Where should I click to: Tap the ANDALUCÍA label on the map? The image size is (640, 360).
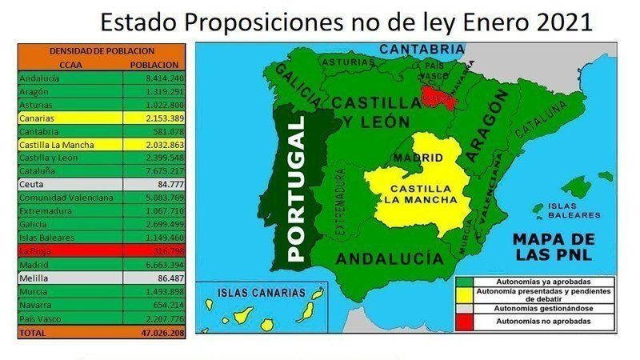389,259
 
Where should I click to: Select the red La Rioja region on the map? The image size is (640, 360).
438,99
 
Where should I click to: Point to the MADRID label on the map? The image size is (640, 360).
413,158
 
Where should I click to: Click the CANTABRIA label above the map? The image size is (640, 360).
421,49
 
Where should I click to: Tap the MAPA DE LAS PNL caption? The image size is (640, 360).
554,247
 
